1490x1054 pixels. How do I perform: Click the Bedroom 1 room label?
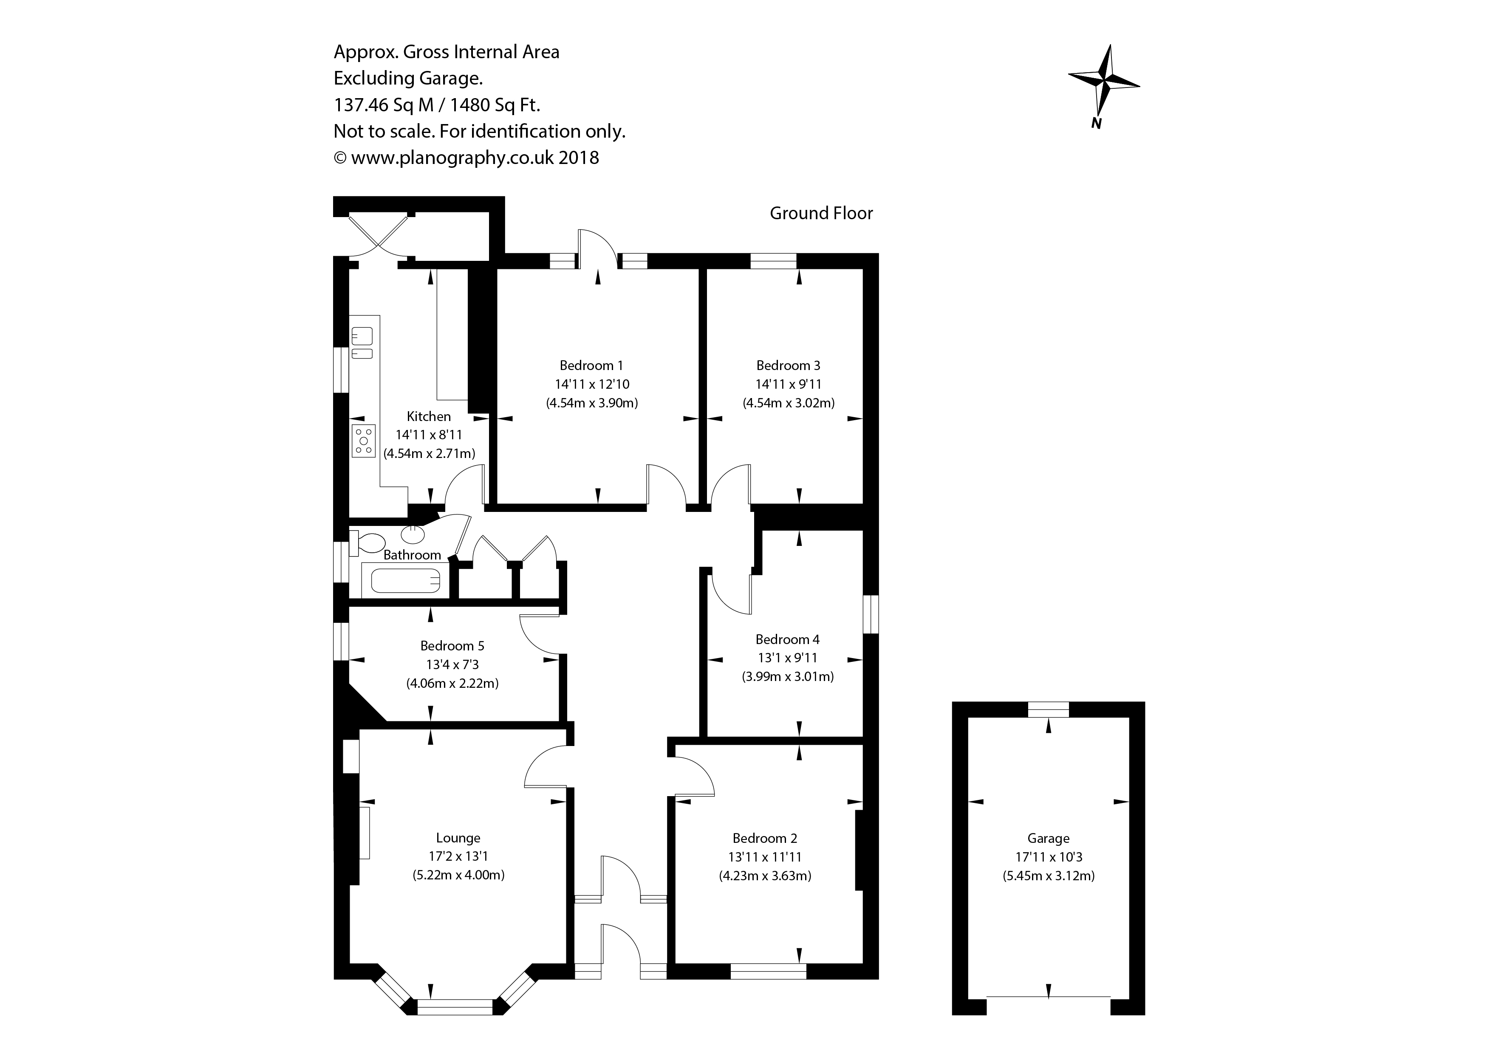pos(591,365)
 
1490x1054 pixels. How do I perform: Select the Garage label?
pos(1048,839)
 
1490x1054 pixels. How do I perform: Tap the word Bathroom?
pos(412,555)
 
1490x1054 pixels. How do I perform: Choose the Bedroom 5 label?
pos(452,646)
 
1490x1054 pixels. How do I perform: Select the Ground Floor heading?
pos(821,214)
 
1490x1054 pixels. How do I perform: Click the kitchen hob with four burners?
pos(363,441)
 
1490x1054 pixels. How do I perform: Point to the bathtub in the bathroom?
pos(406,581)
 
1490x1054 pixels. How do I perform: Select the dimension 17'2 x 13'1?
pos(458,857)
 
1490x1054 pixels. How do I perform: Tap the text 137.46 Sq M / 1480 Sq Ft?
pos(437,105)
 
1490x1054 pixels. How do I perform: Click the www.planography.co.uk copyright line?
pos(466,158)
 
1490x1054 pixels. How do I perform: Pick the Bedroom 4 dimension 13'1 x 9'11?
pos(788,658)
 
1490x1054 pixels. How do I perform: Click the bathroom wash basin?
pos(413,534)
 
